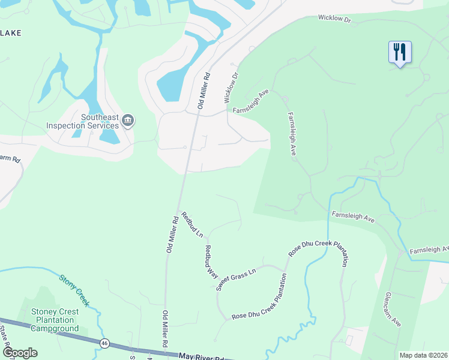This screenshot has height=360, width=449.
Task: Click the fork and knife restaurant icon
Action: click(399, 51)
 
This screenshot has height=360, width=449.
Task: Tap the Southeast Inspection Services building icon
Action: click(127, 121)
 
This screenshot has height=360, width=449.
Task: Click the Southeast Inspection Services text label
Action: click(82, 122)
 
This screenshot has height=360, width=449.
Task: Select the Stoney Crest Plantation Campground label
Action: click(55, 320)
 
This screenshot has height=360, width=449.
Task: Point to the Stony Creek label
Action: click(74, 290)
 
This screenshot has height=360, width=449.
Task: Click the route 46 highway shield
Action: click(104, 343)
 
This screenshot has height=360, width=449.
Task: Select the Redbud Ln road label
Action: click(193, 224)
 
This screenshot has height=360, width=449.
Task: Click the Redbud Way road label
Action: click(211, 261)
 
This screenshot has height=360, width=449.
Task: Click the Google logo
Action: click(20, 353)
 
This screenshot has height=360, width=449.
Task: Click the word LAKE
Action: click(11, 33)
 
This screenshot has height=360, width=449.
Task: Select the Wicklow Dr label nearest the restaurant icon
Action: click(334, 19)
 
